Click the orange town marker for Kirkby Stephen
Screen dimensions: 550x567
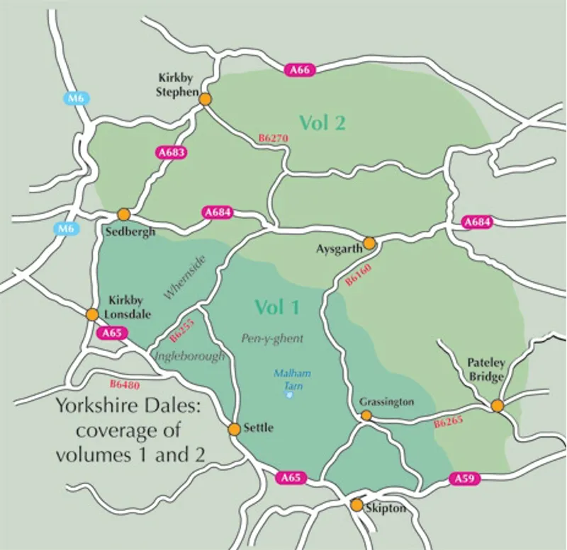point(205,100)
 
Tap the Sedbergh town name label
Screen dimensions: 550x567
point(130,231)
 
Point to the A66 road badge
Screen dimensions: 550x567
point(298,70)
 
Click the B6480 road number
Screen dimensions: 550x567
point(125,385)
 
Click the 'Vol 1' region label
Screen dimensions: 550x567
point(277,307)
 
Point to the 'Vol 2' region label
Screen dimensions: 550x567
point(322,122)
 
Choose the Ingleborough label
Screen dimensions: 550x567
point(189,357)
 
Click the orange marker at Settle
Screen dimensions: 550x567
point(234,429)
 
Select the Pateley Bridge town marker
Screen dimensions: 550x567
point(498,406)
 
